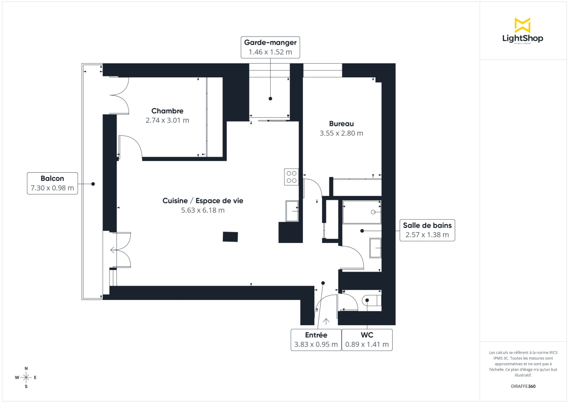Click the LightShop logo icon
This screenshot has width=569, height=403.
click(x=523, y=25)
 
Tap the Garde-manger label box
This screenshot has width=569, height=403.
click(x=270, y=47)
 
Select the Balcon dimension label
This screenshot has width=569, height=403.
click(x=52, y=183)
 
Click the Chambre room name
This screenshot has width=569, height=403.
click(x=167, y=111)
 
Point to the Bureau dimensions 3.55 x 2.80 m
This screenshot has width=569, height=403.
click(x=341, y=133)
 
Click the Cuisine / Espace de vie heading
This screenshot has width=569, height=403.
click(x=202, y=201)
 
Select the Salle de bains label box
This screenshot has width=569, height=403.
click(x=427, y=230)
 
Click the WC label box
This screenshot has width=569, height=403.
click(x=367, y=339)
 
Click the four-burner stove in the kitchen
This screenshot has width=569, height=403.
click(x=291, y=177)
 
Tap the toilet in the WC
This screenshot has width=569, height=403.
click(x=371, y=301)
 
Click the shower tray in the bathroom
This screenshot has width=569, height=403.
click(x=362, y=212)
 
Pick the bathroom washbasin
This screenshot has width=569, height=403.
click(x=375, y=248)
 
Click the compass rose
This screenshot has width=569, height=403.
click(x=26, y=377)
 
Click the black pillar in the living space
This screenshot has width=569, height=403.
click(x=230, y=236)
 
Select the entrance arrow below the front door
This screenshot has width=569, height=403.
click(x=326, y=322)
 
